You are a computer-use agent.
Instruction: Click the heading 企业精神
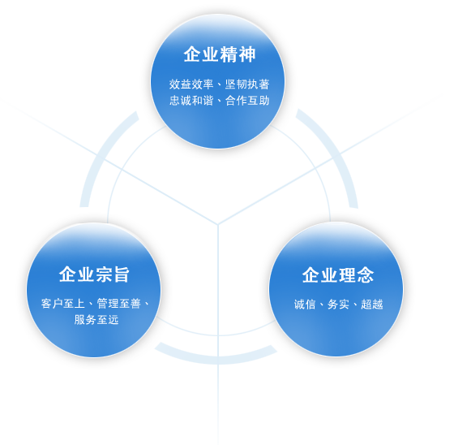point(220,54)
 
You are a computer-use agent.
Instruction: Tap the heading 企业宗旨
point(94,274)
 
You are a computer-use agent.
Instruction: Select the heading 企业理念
point(338,274)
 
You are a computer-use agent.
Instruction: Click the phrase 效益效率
point(191,84)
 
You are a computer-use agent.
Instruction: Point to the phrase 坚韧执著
point(247,84)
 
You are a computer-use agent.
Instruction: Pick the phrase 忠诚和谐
point(191,101)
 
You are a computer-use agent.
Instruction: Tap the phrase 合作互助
point(247,101)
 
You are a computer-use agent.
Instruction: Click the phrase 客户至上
point(63,304)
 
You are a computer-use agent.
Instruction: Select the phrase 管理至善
point(118,304)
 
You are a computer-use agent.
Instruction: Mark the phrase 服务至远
point(96,320)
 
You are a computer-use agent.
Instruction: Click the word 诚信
point(305,305)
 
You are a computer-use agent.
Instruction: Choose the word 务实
point(338,305)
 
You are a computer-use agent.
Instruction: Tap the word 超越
point(372,305)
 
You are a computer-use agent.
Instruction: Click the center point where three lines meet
point(218,224)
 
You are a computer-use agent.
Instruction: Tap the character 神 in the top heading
point(247,54)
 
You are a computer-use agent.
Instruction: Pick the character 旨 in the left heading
point(121,274)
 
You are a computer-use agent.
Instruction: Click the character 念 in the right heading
point(366,274)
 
